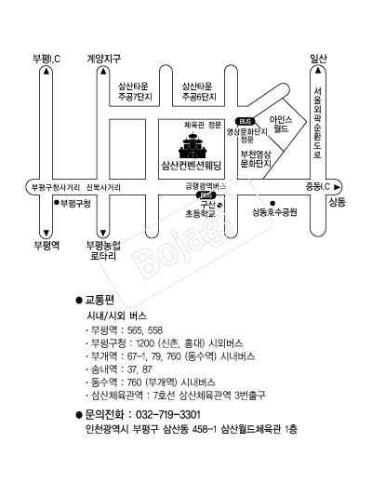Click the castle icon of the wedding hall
pos(193,145)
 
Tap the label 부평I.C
pos(46,59)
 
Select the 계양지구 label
pos(103,59)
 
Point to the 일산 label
pos(318,59)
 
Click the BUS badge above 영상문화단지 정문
pos(246,121)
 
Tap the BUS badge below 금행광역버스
pos(206,195)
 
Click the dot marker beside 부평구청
pos(57,202)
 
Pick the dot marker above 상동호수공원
pos(272,204)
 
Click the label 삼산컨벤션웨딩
pos(192,165)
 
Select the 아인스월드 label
pos(281,124)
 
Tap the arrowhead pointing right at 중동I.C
pos(337,187)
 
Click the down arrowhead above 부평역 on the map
pos(46,233)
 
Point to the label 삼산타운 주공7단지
pos(135,91)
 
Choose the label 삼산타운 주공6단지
pos(199,91)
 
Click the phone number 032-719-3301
pos(168,414)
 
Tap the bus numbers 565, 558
pos(145,330)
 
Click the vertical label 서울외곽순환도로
pos(317,123)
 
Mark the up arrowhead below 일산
pos(318,71)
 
